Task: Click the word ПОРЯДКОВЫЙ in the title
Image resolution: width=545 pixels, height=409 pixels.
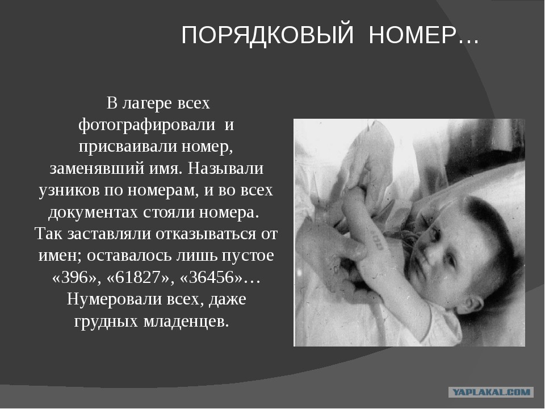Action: [267, 35]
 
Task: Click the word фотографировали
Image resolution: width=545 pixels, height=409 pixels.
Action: [146, 125]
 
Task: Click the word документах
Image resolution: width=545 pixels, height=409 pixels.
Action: [93, 212]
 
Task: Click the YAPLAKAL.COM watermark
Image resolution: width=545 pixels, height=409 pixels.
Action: [491, 393]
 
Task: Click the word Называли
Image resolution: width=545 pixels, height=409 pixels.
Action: [225, 169]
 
